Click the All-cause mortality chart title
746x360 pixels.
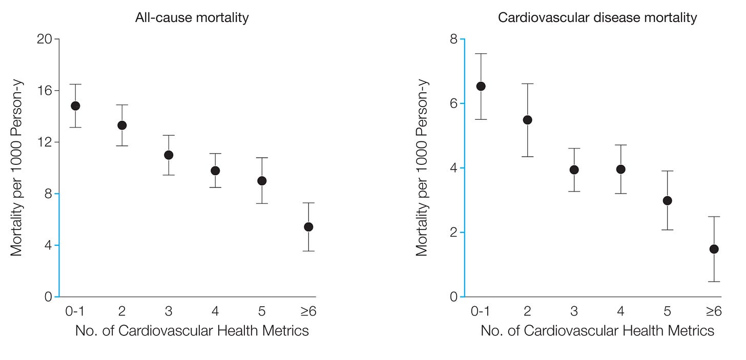point(192,17)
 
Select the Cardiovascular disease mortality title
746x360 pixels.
point(597,17)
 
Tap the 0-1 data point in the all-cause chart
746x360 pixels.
point(76,106)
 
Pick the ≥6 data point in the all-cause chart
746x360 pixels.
point(309,227)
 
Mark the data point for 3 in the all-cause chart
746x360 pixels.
point(169,155)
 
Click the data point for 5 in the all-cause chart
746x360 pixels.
point(262,181)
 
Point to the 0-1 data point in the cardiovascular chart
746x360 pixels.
point(481,87)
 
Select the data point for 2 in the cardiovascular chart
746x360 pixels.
point(528,120)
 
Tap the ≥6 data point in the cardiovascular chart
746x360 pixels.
point(714,249)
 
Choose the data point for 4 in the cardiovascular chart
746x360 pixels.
point(621,170)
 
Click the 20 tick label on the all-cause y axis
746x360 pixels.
point(45,39)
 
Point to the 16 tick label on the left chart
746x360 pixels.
point(45,91)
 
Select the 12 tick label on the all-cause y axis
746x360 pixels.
point(45,142)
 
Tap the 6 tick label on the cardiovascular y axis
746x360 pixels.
point(453,103)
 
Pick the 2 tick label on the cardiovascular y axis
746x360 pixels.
point(453,232)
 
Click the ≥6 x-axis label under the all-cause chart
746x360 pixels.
point(308,311)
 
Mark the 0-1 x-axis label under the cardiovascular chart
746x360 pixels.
point(480,311)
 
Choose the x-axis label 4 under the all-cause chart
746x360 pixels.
point(215,311)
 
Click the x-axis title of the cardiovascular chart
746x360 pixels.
point(597,331)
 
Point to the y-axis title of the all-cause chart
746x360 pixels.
point(16,168)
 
